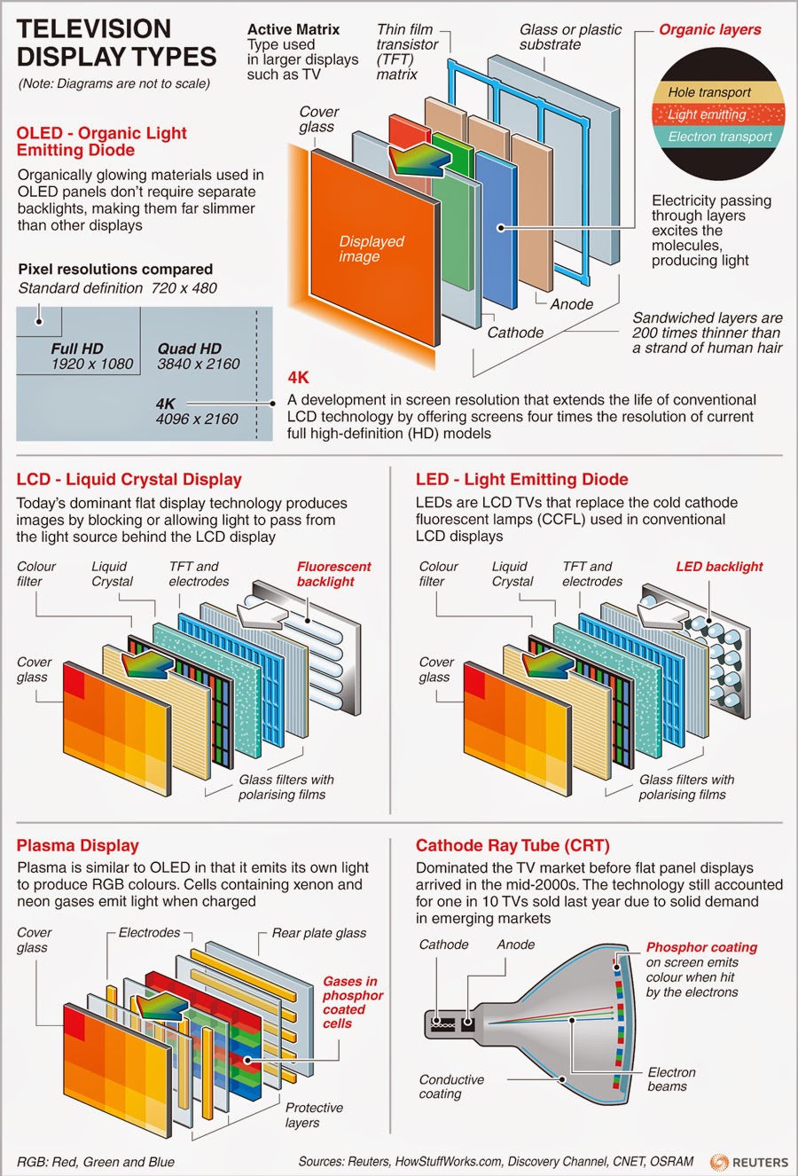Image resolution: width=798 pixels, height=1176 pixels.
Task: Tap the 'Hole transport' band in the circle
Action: click(x=709, y=92)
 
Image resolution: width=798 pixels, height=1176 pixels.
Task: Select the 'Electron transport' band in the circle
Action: click(x=720, y=137)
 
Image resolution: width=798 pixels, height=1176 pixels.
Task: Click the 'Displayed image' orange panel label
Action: click(x=372, y=249)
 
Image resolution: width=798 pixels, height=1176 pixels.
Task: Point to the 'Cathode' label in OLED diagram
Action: click(x=515, y=333)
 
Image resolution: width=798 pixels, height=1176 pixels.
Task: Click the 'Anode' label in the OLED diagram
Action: click(x=571, y=304)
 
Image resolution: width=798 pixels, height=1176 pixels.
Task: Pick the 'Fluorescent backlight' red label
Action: click(x=333, y=574)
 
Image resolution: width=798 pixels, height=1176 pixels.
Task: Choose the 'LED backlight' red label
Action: click(x=719, y=567)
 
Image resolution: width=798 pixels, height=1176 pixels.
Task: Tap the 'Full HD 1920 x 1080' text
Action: click(x=91, y=357)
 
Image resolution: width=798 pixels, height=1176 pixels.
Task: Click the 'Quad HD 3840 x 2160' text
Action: click(x=199, y=357)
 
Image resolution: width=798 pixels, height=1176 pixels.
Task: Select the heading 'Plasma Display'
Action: click(x=78, y=845)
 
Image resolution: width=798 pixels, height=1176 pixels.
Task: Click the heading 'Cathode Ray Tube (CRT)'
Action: click(x=512, y=845)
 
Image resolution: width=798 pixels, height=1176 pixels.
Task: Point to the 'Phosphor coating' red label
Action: click(x=701, y=947)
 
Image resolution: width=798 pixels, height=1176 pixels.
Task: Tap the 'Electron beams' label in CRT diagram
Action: click(x=671, y=1079)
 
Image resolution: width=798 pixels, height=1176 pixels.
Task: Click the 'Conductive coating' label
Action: click(x=451, y=1086)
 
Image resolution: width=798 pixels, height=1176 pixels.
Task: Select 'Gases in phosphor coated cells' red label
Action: click(x=352, y=1002)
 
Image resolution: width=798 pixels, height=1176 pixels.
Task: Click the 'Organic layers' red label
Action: click(x=709, y=29)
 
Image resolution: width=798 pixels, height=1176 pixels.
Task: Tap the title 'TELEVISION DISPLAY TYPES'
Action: click(x=116, y=43)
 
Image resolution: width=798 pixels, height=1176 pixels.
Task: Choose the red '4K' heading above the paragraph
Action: click(x=298, y=378)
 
